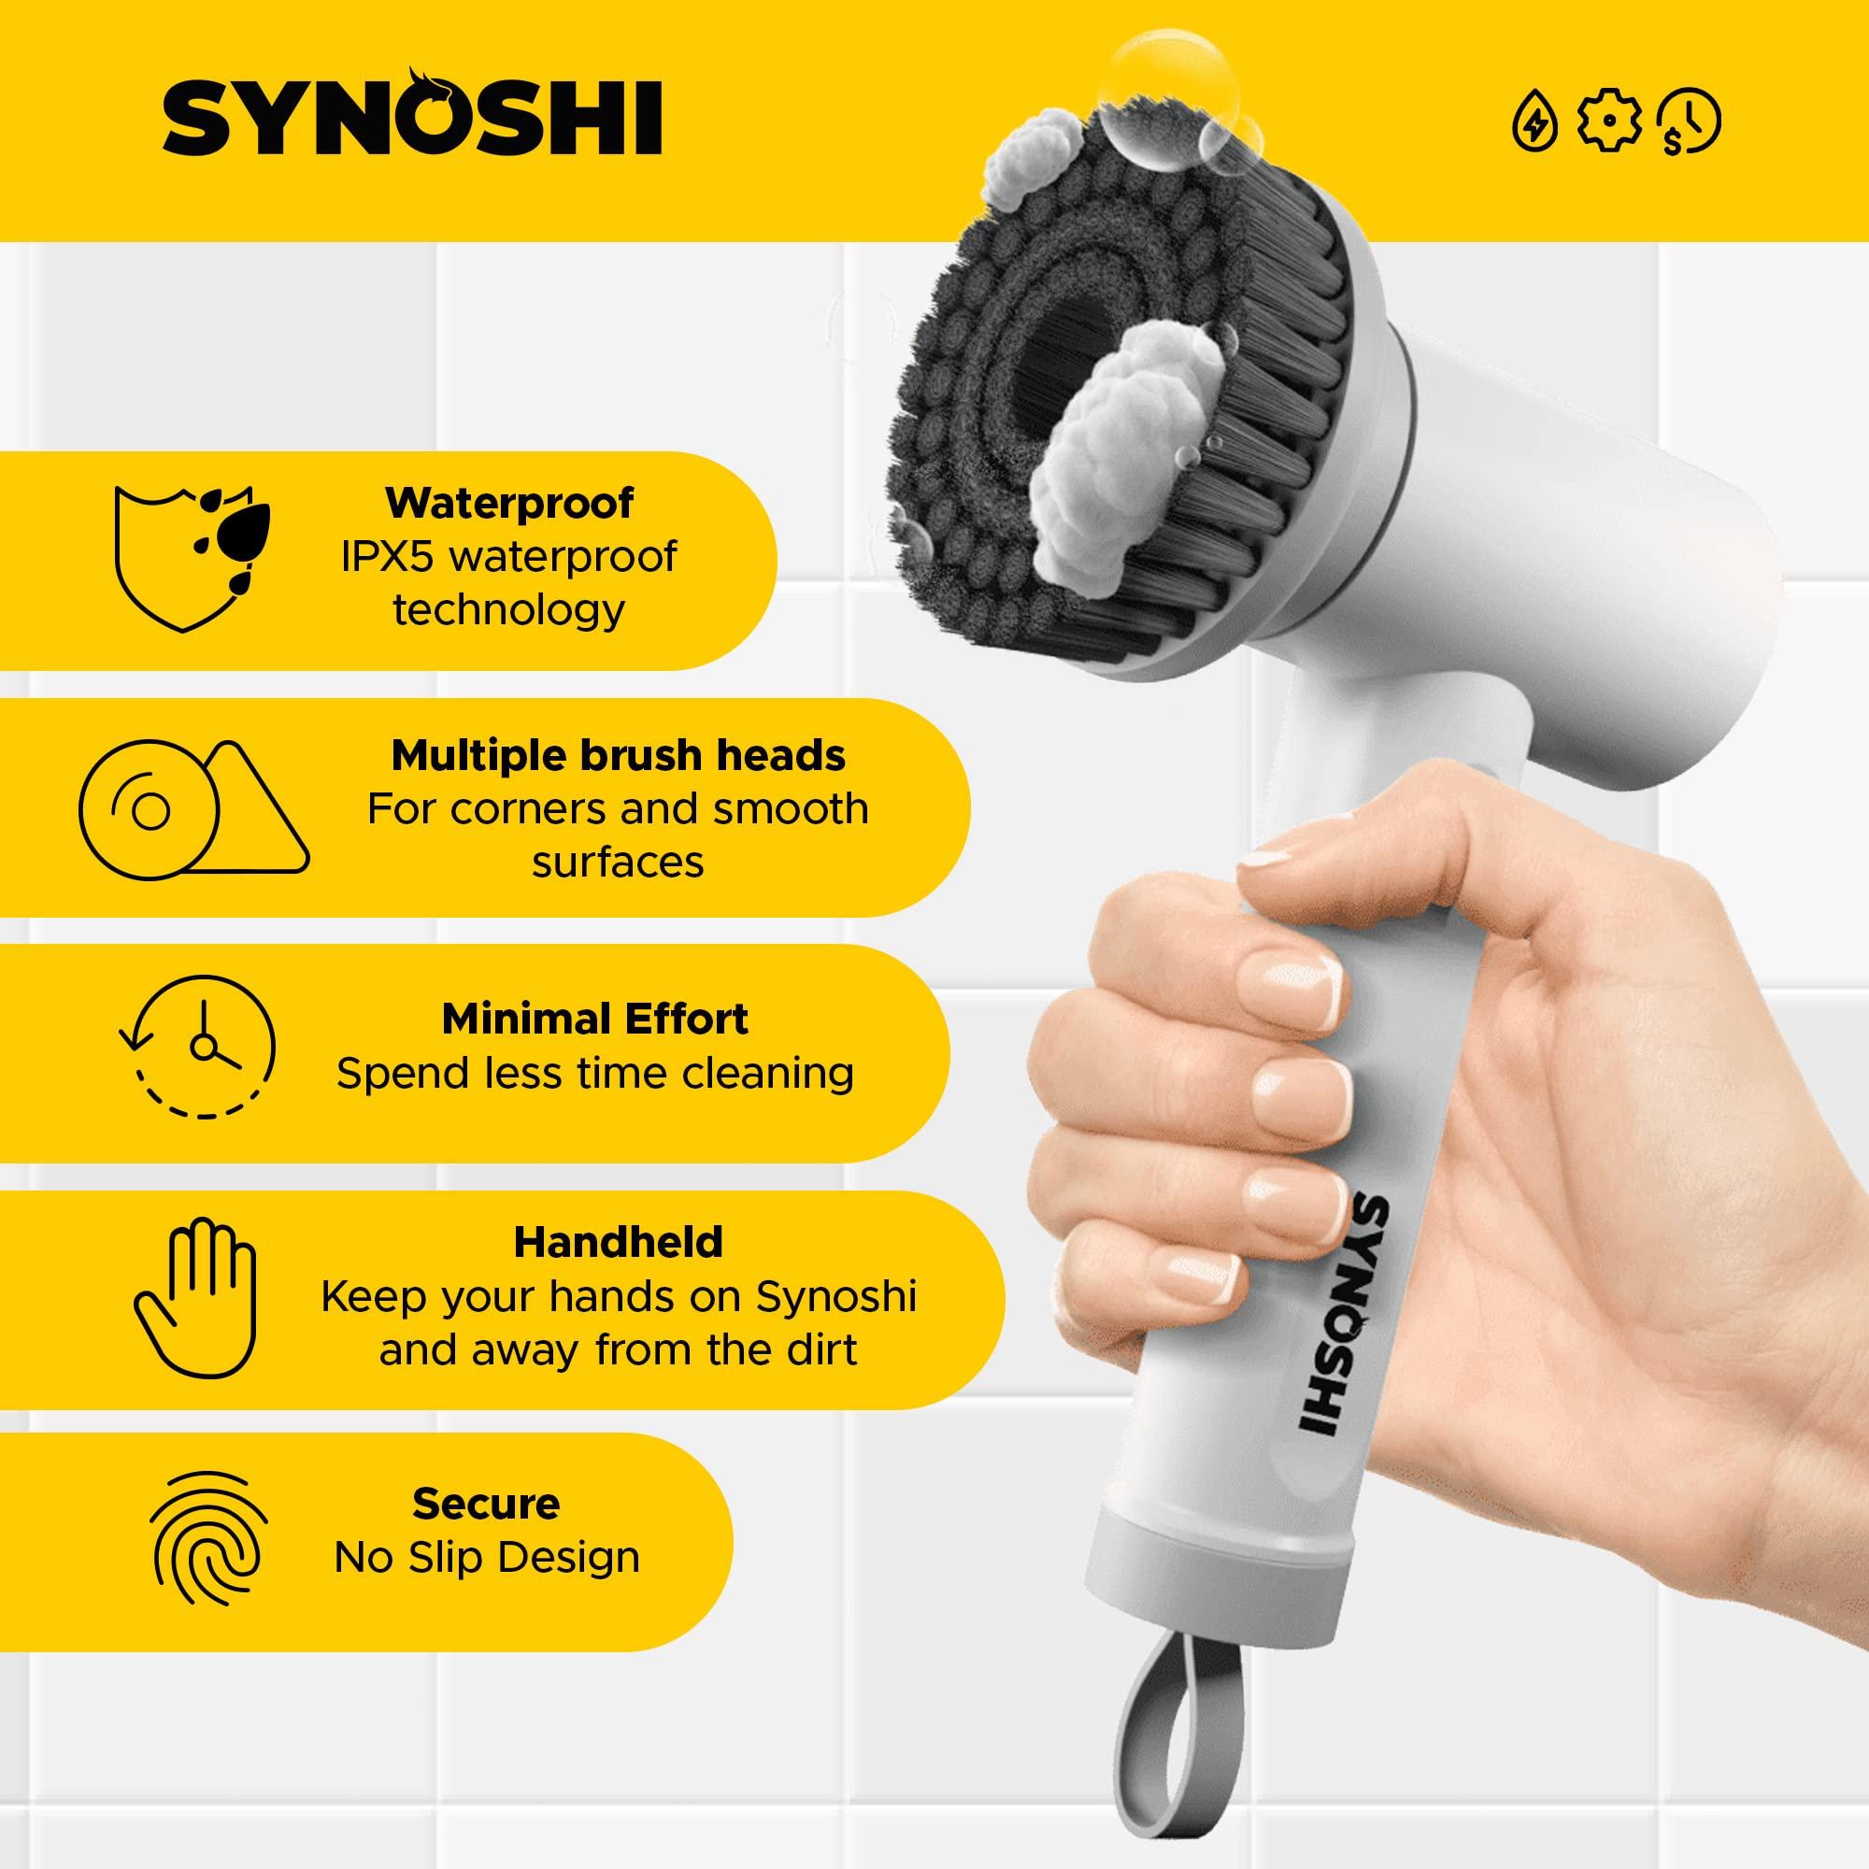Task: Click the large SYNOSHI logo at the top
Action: [412, 118]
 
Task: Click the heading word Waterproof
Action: [510, 503]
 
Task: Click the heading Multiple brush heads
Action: [618, 755]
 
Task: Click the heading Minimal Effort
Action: [595, 1019]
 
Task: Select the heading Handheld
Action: [618, 1242]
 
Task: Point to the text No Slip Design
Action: [487, 1558]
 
